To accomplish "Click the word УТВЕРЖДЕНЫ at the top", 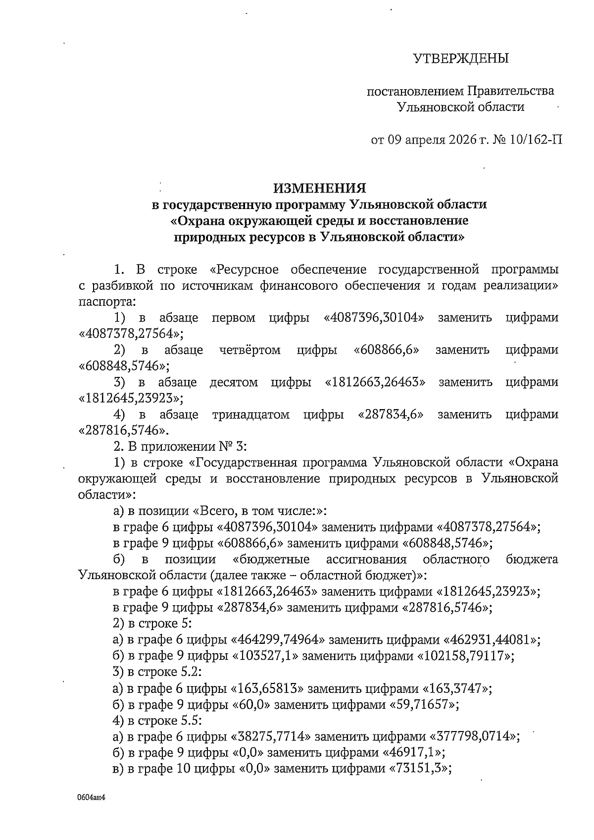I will pos(461,59).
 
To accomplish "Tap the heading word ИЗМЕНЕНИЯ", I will pos(320,188).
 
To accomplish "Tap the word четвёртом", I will pos(250,350).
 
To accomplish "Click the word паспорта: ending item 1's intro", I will pos(106,302).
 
